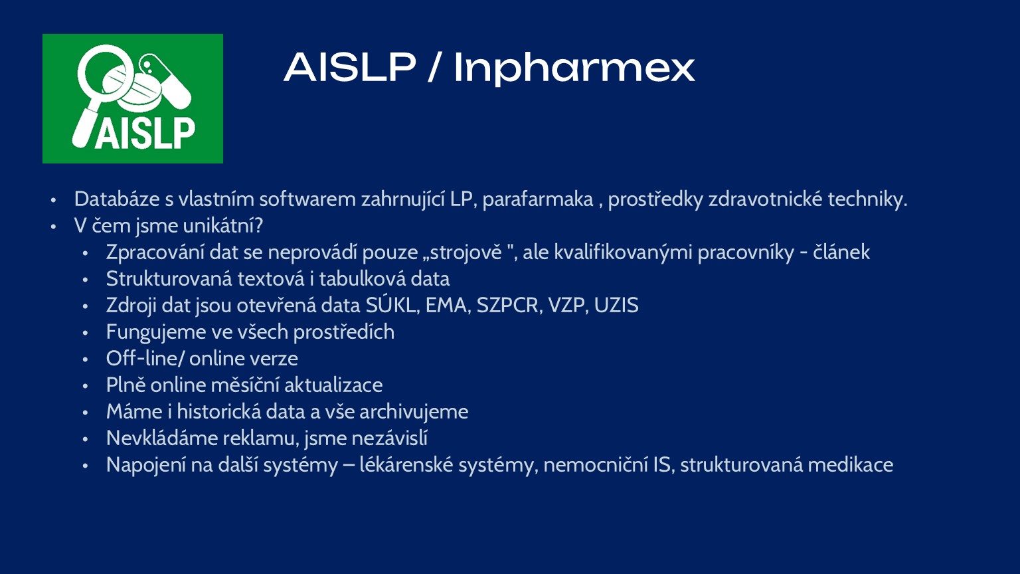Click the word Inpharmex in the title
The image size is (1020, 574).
pyautogui.click(x=574, y=68)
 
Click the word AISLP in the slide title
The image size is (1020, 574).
pyautogui.click(x=350, y=68)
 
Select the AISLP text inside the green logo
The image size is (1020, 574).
pyautogui.click(x=145, y=133)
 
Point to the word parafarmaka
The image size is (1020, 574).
pyautogui.click(x=537, y=199)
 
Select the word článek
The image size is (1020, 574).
pyautogui.click(x=841, y=252)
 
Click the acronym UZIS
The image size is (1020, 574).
pyautogui.click(x=616, y=306)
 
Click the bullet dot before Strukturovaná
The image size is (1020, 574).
pyautogui.click(x=85, y=280)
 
